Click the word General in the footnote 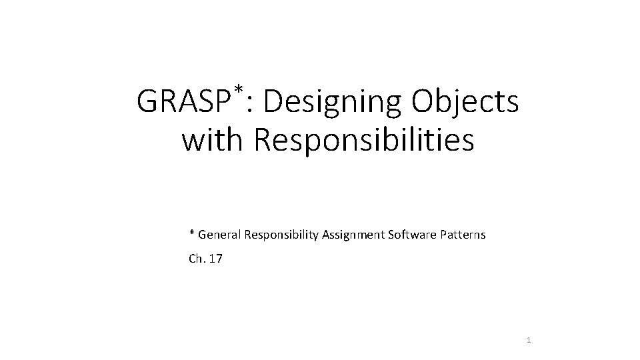(220, 235)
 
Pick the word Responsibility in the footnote (282, 235)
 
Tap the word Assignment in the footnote (354, 235)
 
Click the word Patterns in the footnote (462, 235)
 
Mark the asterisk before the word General (192, 233)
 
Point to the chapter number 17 (216, 259)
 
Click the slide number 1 (529, 341)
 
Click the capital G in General (202, 235)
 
